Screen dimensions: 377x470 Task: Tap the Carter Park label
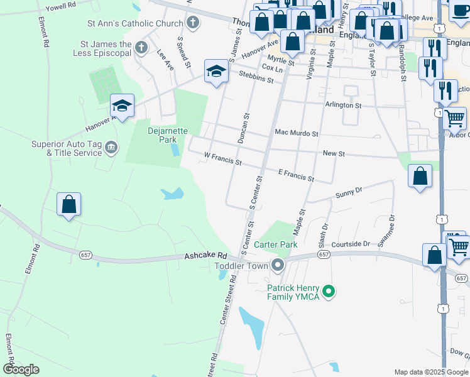tap(275, 244)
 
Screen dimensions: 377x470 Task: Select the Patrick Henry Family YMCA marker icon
tap(327, 292)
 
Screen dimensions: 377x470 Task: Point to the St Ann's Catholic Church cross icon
tap(193, 24)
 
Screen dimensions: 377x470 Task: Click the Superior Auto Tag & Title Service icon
tap(111, 148)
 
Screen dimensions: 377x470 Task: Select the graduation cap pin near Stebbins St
tap(216, 71)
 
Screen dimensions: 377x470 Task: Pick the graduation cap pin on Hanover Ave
tap(122, 105)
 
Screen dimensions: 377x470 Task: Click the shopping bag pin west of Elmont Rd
tap(68, 204)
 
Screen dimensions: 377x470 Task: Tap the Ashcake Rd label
tap(205, 256)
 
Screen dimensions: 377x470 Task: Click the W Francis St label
tap(223, 158)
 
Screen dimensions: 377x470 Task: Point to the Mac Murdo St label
tap(297, 133)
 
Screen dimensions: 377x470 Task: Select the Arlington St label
tap(343, 105)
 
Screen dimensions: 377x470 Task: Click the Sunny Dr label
tap(349, 190)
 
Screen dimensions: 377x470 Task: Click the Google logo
tap(21, 369)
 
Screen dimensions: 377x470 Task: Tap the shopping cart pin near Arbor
tap(455, 117)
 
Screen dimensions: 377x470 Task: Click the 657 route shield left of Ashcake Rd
tap(87, 254)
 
